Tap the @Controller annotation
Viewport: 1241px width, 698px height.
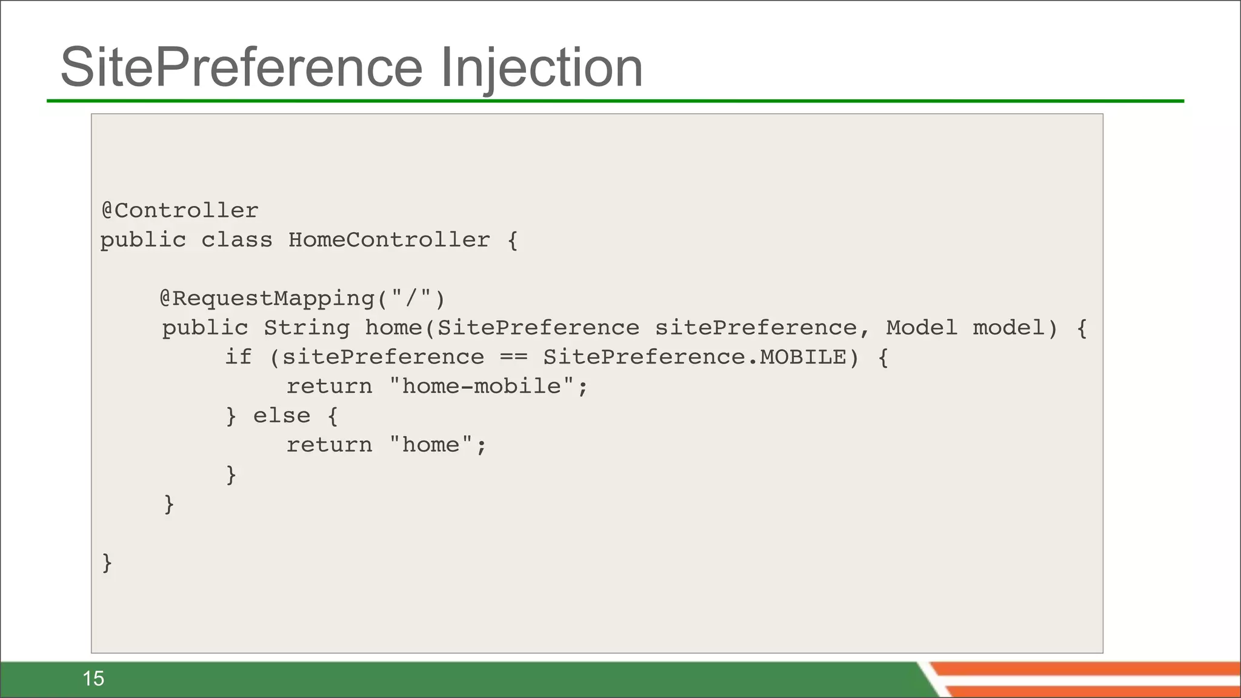pos(180,210)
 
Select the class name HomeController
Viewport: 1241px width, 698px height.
pos(389,240)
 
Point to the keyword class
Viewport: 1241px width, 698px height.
pos(237,240)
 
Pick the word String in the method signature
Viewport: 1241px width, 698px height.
pos(307,328)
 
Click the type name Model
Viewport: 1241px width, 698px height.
pos(921,328)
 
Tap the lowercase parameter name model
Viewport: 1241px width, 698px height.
pos(1016,328)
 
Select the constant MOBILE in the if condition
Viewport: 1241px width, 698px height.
pos(803,357)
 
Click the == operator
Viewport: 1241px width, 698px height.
pos(514,357)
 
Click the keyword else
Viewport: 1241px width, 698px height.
pos(282,416)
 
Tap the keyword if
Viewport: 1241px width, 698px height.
pos(238,357)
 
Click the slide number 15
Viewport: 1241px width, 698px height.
pos(93,679)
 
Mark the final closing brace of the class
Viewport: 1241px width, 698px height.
pos(107,563)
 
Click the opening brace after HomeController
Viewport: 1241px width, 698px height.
pos(513,241)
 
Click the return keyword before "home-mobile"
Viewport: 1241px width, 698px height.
pos(329,386)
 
